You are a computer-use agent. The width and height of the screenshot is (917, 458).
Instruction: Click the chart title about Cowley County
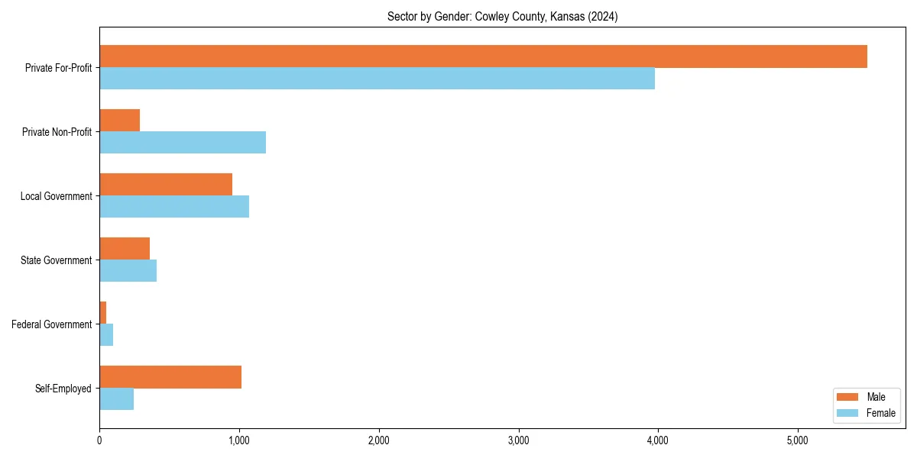click(x=502, y=16)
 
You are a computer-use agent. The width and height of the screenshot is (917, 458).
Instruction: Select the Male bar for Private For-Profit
click(x=483, y=56)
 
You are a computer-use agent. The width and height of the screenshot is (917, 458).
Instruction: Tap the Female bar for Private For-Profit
click(x=377, y=79)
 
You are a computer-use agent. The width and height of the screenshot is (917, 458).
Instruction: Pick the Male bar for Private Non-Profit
click(x=120, y=121)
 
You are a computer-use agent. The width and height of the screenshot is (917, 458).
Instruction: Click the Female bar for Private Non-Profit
click(x=183, y=143)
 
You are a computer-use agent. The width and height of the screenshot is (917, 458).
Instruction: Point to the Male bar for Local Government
click(x=166, y=185)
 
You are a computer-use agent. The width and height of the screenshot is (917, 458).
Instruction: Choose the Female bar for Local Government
click(x=174, y=207)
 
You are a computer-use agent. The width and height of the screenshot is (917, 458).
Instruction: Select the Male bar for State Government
click(x=125, y=249)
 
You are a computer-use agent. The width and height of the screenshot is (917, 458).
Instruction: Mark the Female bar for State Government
click(x=128, y=271)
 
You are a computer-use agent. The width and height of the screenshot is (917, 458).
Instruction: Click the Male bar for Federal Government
click(x=103, y=313)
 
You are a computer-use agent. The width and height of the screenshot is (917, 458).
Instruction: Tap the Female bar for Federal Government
click(x=106, y=335)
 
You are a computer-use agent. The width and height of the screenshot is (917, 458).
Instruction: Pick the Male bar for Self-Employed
click(x=170, y=377)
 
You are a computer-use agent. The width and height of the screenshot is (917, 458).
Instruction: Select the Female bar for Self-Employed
click(x=116, y=399)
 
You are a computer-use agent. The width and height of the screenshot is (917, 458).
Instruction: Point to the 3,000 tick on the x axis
click(x=518, y=440)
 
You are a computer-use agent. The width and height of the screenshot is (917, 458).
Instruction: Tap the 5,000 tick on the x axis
click(x=797, y=440)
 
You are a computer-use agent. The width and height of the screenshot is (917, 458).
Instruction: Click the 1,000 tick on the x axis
click(x=239, y=440)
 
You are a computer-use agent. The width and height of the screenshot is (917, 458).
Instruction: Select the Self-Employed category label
click(x=63, y=389)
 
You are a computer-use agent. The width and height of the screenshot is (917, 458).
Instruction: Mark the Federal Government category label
click(x=52, y=324)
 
